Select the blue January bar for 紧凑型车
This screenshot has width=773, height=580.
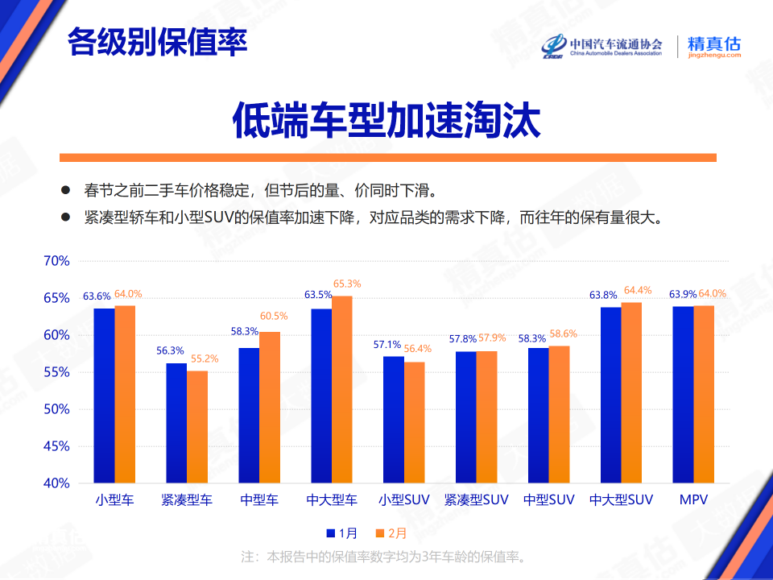(176, 423)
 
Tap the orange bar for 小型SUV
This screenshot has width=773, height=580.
(415, 422)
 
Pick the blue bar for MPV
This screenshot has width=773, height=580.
(684, 394)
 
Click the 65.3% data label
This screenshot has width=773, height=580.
(346, 284)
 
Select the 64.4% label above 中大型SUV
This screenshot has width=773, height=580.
(636, 290)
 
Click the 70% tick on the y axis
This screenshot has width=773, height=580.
(56, 261)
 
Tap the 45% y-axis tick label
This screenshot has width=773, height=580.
(56, 446)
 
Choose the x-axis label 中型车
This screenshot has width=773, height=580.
(259, 500)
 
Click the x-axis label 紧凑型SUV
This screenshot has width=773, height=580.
(477, 500)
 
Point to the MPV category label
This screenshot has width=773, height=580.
(693, 500)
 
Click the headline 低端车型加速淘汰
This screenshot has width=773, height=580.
(386, 120)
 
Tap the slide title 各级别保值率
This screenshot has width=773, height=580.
(157, 42)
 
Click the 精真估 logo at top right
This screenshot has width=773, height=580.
(713, 46)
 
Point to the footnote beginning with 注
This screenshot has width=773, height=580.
(385, 557)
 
